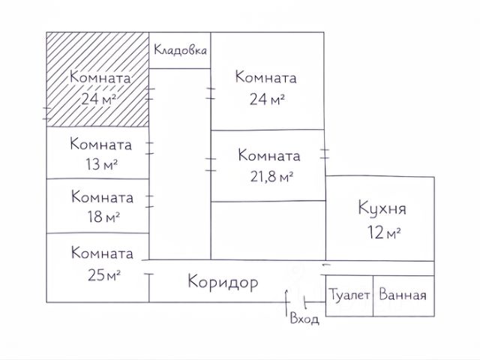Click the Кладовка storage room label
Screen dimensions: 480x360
(x=180, y=51)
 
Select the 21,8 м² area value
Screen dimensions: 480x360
(x=268, y=176)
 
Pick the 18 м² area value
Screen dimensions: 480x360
(x=102, y=217)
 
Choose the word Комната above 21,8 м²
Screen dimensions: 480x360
(x=268, y=156)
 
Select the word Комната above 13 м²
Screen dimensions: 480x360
(x=101, y=144)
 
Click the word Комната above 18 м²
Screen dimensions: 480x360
(x=103, y=198)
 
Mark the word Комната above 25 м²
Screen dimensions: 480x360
(x=102, y=253)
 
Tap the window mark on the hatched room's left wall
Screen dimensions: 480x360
(x=46, y=112)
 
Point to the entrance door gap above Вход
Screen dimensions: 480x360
(x=289, y=298)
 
